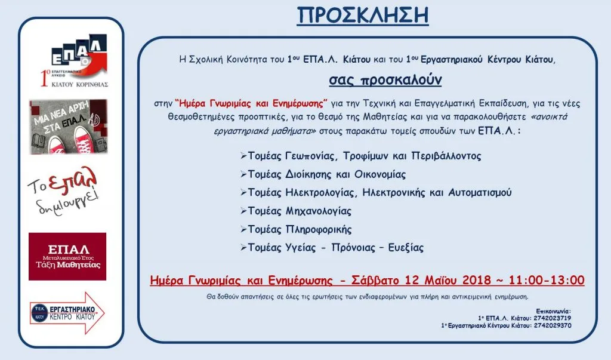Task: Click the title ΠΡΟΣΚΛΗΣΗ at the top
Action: [363, 16]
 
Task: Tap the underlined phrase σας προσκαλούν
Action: [385, 80]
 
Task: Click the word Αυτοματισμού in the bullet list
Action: [480, 192]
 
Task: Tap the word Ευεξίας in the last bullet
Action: [406, 248]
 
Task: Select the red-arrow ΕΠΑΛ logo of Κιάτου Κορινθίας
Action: [75, 61]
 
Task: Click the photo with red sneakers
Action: [68, 127]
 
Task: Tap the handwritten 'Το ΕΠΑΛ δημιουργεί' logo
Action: [63, 190]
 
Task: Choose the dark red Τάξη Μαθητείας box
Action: [67, 256]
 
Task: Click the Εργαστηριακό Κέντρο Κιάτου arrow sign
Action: [67, 313]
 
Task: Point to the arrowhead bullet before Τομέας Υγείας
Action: [243, 248]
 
